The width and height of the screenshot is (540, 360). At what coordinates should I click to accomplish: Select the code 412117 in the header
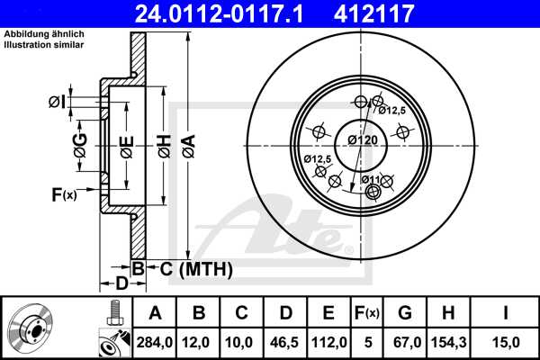pos(400,13)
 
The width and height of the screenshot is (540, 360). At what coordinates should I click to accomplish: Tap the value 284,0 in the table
pos(156,341)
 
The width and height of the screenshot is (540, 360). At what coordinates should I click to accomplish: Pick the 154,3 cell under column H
pos(447,341)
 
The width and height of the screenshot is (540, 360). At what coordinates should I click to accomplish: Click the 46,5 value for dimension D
pos(285,341)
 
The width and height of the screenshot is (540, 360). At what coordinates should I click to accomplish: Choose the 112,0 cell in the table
pos(328,341)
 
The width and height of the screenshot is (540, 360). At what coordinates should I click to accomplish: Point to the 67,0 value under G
pos(405,341)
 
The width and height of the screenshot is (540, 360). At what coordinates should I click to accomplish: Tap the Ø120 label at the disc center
pos(362,140)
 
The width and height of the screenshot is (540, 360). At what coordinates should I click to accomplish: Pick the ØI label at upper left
pos(56,103)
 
